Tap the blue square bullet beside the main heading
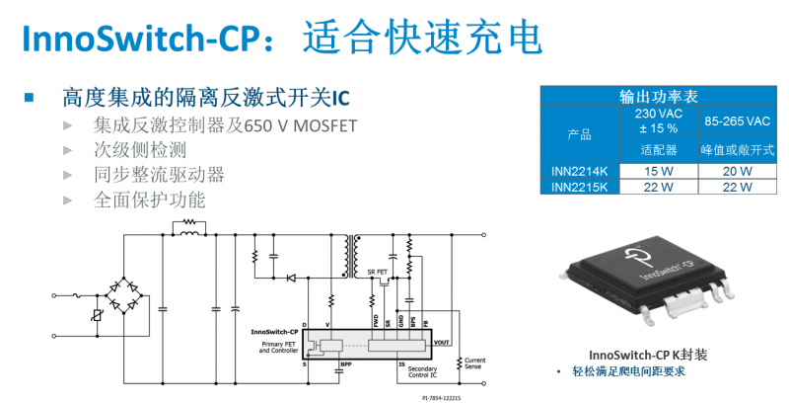[x=30, y=97]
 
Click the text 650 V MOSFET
[x=302, y=125]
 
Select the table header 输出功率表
[x=659, y=96]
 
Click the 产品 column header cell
[x=580, y=133]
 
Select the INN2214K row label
[x=580, y=171]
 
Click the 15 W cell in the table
[x=659, y=171]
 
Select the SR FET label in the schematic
[x=377, y=271]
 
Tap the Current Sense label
[x=475, y=363]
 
